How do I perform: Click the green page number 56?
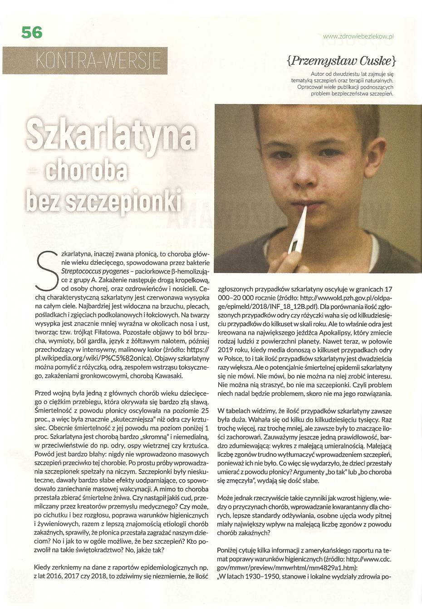(31, 32)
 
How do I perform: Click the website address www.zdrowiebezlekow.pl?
(358, 36)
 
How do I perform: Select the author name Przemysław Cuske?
(341, 61)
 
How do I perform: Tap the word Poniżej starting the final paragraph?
(229, 551)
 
